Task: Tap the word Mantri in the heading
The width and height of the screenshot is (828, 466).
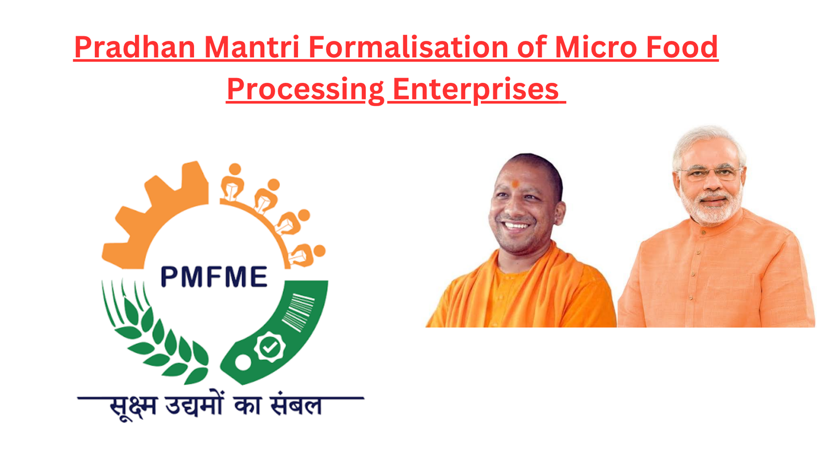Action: (x=252, y=47)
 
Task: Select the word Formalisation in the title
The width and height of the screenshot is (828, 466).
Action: (x=408, y=47)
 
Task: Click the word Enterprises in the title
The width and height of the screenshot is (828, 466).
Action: (x=476, y=90)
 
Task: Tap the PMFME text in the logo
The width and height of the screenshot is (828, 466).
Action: (x=214, y=276)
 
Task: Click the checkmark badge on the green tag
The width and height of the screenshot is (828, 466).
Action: (x=270, y=346)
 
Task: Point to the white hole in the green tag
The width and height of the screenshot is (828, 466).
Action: (x=243, y=362)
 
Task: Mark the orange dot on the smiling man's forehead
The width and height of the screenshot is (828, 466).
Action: (x=515, y=183)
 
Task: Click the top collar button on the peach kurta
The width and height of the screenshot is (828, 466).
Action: (x=703, y=232)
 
